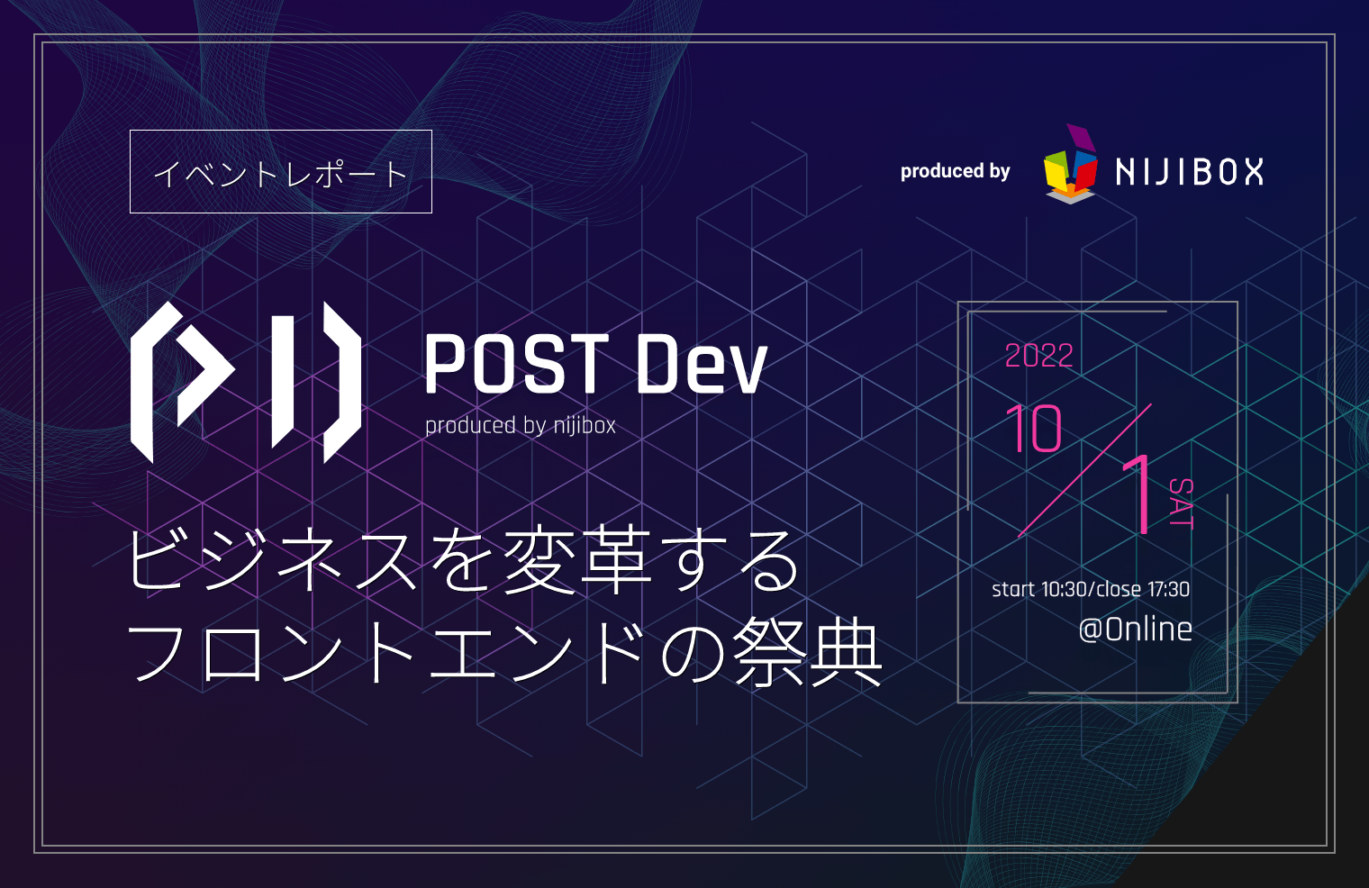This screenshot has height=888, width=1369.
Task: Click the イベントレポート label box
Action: click(280, 172)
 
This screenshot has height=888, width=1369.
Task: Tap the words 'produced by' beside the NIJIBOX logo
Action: click(955, 171)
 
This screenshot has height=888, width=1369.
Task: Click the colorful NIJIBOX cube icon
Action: click(1071, 167)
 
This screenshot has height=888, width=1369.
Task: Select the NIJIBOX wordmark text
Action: click(1189, 171)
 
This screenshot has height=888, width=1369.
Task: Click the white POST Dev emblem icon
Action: click(245, 382)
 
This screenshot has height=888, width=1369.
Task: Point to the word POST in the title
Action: click(516, 364)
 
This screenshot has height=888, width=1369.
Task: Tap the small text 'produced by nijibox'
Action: click(520, 425)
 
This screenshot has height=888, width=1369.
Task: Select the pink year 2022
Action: click(1038, 356)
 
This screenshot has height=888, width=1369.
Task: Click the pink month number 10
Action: click(1033, 429)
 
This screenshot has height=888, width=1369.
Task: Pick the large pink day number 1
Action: click(1138, 494)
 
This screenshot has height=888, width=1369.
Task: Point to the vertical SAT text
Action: click(1181, 503)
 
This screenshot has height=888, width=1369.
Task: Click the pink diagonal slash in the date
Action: click(1084, 471)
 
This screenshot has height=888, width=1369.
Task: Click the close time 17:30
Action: click(1168, 590)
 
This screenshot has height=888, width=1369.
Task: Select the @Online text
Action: click(1135, 629)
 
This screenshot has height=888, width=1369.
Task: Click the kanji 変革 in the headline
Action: click(576, 560)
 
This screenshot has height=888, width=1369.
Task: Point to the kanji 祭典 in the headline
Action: click(807, 653)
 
